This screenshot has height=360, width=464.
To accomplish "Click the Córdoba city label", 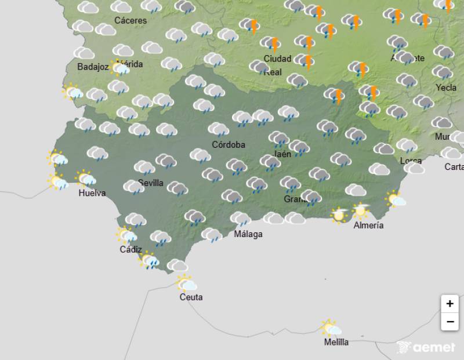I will tap(228, 144).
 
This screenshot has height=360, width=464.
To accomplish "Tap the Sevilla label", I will tap(151, 183).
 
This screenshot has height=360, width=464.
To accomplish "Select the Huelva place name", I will tap(92, 193).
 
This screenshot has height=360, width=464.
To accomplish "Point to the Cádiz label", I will tap(130, 249).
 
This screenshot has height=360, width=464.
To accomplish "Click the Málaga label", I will tap(248, 234).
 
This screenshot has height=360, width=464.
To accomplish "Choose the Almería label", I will tap(368, 226).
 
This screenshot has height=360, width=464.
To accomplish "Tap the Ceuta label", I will tap(191, 297).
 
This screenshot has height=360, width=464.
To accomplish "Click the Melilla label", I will tap(336, 342).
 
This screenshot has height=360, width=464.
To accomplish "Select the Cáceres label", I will tap(130, 20).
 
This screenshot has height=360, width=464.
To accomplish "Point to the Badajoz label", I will tap(93, 67).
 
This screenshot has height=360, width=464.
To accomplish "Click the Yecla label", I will tap(446, 88).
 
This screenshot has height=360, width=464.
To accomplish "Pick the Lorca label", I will tap(411, 161).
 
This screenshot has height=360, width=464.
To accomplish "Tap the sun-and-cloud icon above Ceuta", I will tap(187, 283).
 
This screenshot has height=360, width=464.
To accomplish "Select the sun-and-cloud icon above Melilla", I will tap(331, 328).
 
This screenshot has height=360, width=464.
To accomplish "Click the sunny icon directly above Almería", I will tap(361, 210).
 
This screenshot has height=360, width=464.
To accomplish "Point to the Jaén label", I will tap(282, 154).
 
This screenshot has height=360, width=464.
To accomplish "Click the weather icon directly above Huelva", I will tap(86, 178).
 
